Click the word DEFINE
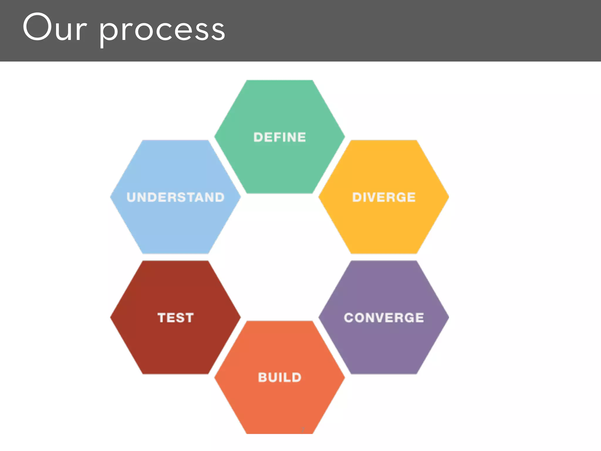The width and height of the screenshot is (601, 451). [x=280, y=137]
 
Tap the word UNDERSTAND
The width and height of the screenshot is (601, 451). [x=175, y=197]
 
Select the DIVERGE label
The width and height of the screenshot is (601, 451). [x=384, y=197]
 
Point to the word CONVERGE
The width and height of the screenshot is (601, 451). [x=384, y=318]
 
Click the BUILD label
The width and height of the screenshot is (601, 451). [x=280, y=378]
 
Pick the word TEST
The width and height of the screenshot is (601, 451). [x=175, y=318]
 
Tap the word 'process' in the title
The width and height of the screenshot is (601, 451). [x=162, y=31]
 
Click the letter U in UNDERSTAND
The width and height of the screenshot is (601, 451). [x=131, y=197]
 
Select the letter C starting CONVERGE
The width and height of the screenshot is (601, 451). [x=349, y=318]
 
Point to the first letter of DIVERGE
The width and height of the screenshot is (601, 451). [x=357, y=197]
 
